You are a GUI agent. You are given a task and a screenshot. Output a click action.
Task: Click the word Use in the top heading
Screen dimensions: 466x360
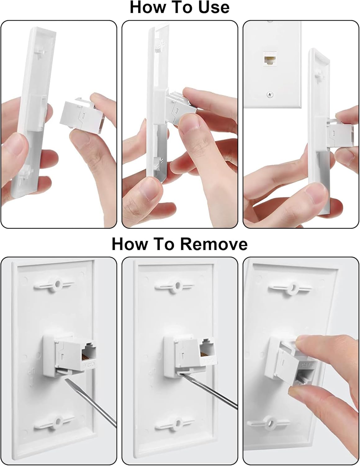pyautogui.click(x=212, y=7)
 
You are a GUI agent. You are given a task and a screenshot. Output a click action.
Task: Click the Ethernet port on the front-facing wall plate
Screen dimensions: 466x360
pyautogui.click(x=269, y=58)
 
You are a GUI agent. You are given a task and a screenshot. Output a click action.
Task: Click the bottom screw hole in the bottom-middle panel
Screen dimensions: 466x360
pyautogui.click(x=177, y=423)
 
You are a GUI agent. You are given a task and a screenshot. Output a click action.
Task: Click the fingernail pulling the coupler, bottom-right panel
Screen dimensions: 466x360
pyautogui.click(x=303, y=341)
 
